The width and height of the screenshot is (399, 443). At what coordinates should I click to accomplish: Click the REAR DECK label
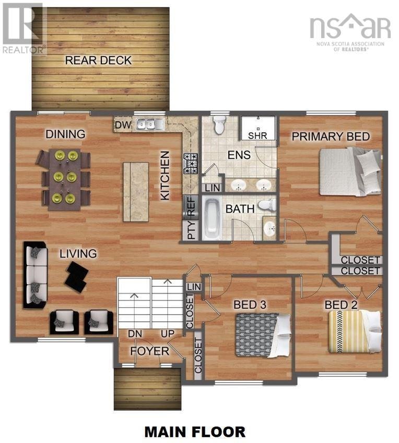coord(98,60)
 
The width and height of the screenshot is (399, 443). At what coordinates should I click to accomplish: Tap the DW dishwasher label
coord(123,124)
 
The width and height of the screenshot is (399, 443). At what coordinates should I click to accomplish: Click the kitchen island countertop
coord(136,192)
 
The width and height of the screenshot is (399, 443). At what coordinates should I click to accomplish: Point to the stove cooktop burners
coord(191,164)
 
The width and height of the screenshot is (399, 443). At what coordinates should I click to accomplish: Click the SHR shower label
coord(257,136)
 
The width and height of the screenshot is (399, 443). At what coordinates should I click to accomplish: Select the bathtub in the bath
coord(212,219)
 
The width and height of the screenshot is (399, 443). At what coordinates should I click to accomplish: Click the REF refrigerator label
coord(191,207)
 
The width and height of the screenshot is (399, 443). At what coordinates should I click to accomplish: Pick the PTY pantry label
coord(192,230)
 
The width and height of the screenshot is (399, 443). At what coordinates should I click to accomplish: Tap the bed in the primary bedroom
coord(350,171)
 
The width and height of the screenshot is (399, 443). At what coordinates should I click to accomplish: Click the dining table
coord(65,180)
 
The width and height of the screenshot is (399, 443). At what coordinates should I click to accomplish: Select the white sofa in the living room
coord(36,275)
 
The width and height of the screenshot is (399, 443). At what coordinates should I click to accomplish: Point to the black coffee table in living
coord(77,277)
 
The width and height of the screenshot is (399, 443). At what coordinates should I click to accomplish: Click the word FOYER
coord(150,351)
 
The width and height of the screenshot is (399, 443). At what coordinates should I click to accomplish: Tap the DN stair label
coord(135,334)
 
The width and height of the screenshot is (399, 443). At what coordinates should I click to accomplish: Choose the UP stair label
coord(168,334)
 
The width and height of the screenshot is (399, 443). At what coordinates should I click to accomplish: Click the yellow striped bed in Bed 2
coord(355,332)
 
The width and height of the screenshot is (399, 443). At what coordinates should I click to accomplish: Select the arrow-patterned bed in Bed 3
coord(263,335)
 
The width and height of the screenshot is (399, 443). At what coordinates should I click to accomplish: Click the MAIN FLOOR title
coord(195,432)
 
